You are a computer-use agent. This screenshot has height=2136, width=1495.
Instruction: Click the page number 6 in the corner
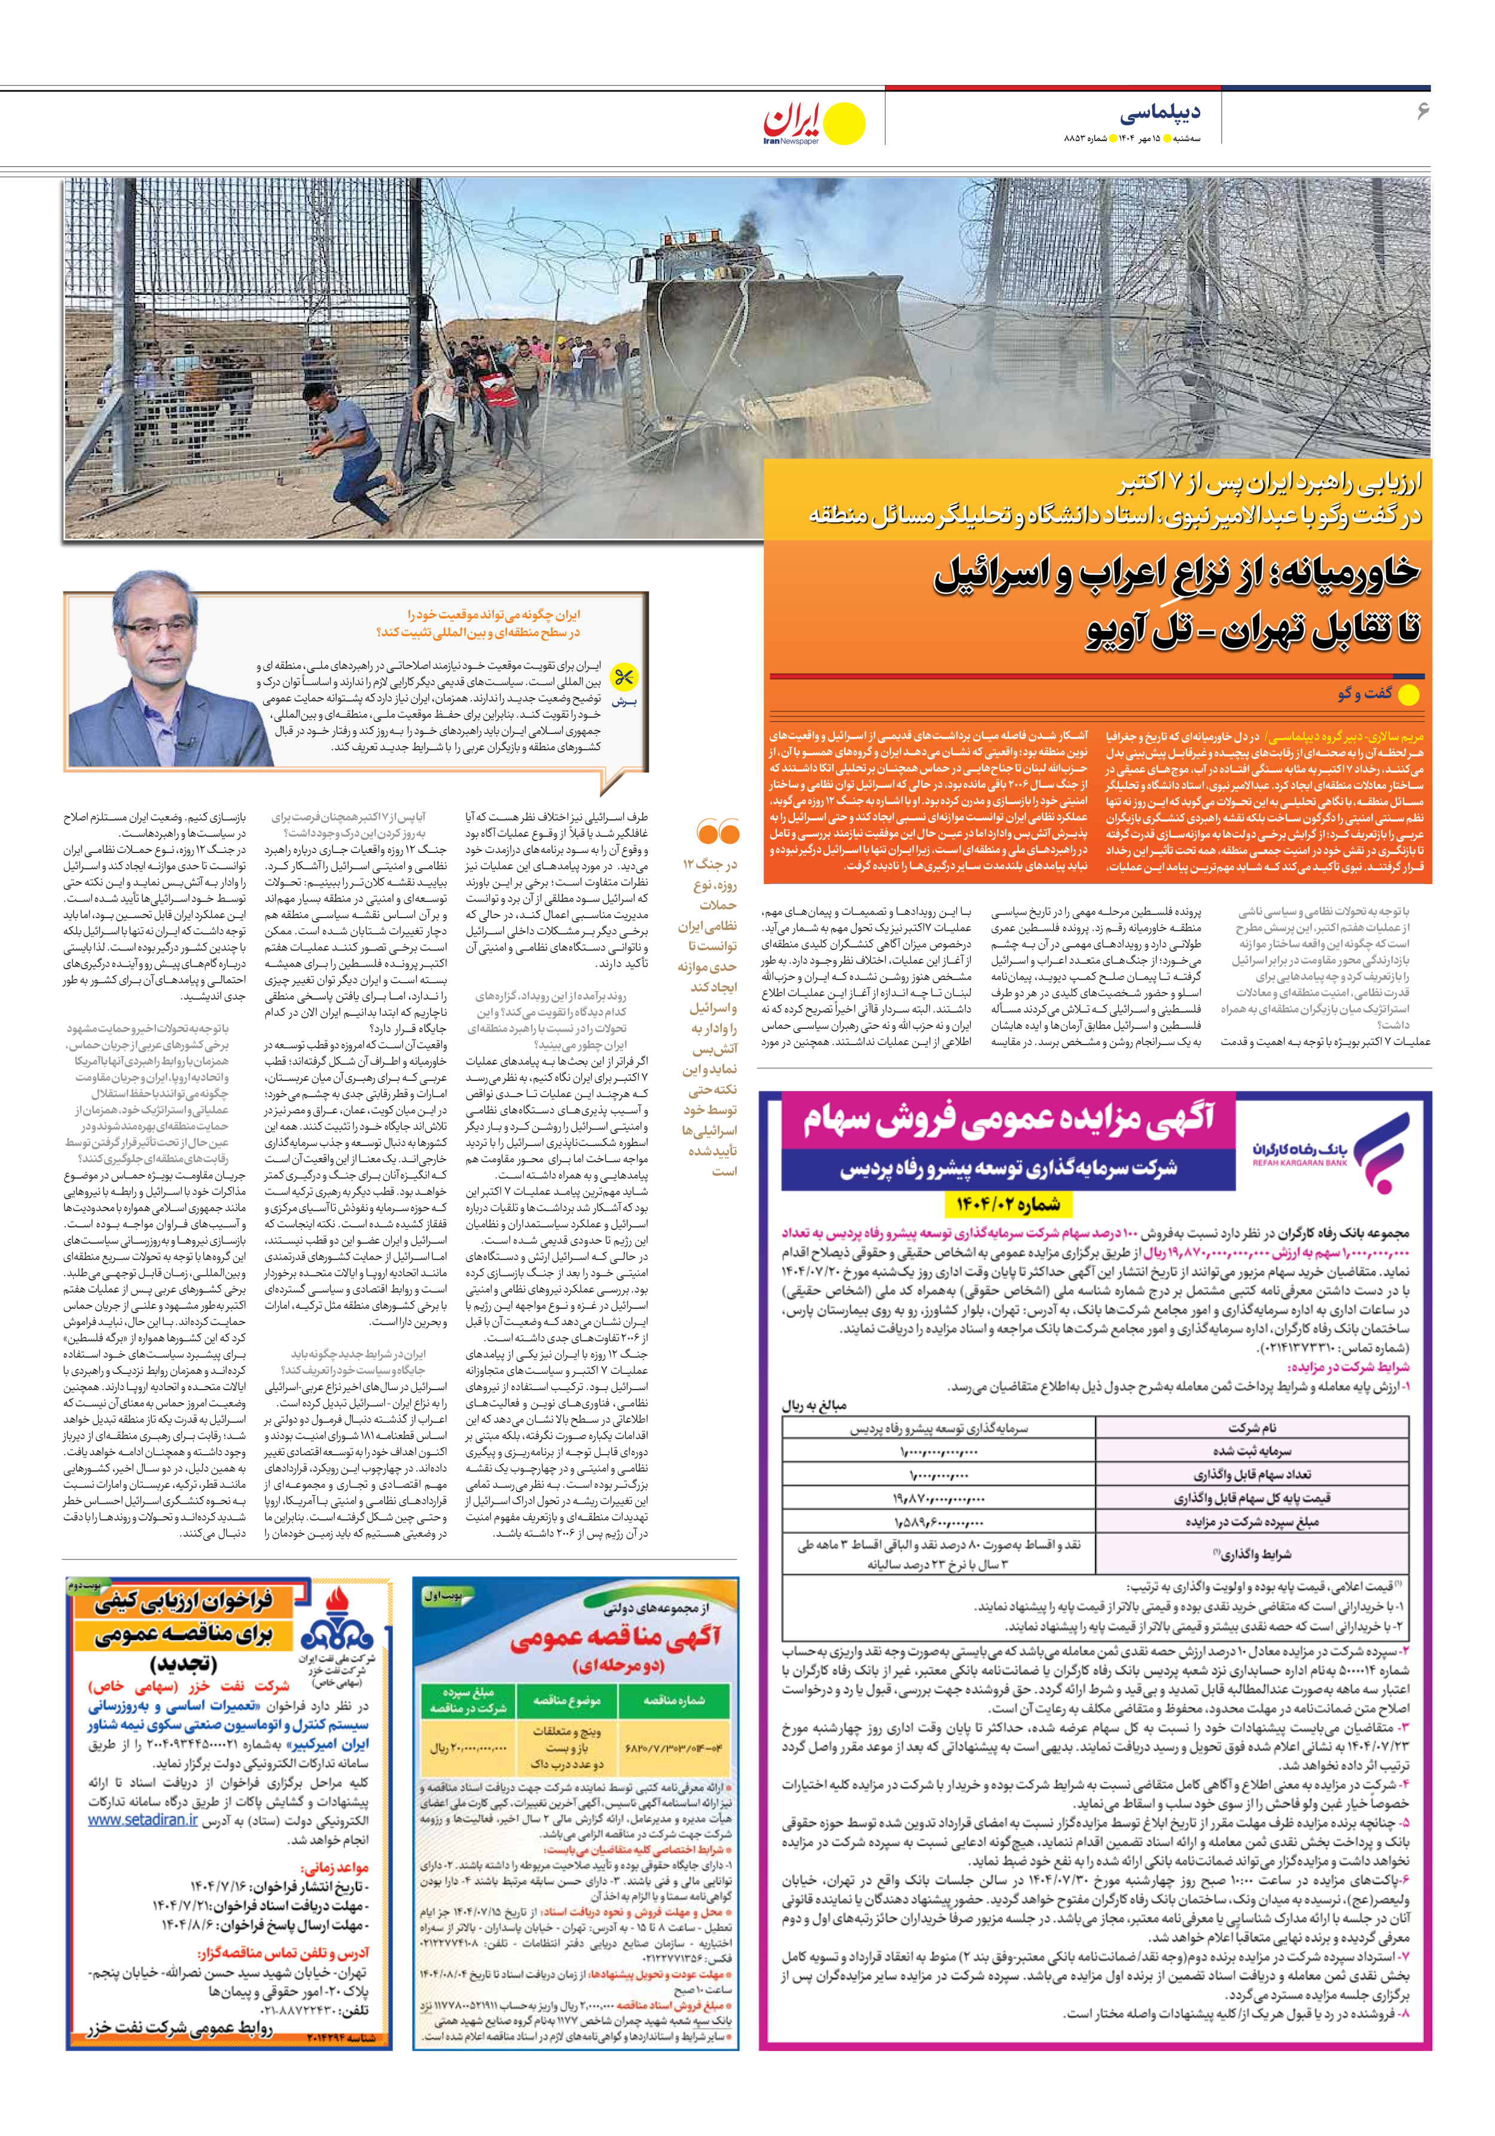pos(1421,111)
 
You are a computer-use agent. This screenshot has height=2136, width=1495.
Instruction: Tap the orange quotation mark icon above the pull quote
pos(717,831)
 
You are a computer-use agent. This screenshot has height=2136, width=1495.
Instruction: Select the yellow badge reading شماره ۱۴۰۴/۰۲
pos(1008,1205)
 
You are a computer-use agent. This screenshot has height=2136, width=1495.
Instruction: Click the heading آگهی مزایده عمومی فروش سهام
pos(1009,1121)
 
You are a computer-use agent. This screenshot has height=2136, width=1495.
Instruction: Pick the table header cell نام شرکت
pos(1251,1427)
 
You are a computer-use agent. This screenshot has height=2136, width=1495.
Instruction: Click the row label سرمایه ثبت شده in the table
pos(1251,1451)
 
